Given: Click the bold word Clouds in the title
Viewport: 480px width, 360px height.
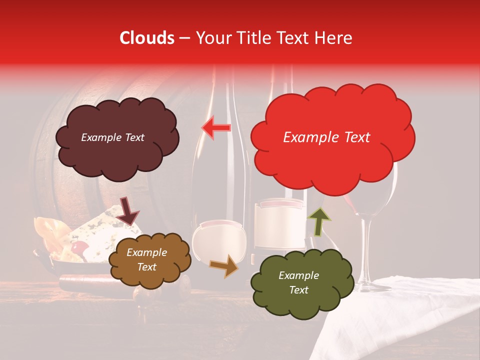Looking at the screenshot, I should coord(147,38).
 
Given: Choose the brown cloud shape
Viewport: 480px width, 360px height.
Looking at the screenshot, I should coord(149,259).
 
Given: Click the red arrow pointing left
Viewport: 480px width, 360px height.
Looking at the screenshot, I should coord(216,128).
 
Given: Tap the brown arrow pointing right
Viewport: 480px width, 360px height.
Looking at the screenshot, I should coord(224,266).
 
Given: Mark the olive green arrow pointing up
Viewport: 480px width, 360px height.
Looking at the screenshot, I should coord(319,221).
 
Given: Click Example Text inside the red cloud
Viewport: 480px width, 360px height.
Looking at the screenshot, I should coord(326,137).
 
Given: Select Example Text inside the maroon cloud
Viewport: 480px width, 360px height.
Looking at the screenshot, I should coord(112,137).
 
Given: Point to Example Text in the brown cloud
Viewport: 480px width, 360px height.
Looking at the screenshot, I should coord(146,259).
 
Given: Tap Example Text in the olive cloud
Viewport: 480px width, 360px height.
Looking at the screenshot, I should coord(298,282).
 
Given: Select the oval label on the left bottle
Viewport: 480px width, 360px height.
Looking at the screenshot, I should coord(220,242).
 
